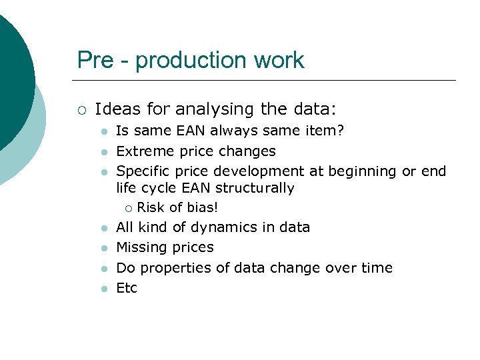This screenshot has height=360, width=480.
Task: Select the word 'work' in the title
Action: coord(279,61)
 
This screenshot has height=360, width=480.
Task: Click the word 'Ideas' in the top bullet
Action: coord(115,109)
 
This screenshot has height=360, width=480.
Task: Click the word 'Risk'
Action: coord(151,207)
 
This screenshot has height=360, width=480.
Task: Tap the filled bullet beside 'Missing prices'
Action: coord(103,248)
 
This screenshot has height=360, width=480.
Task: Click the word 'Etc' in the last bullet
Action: coord(127,288)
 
